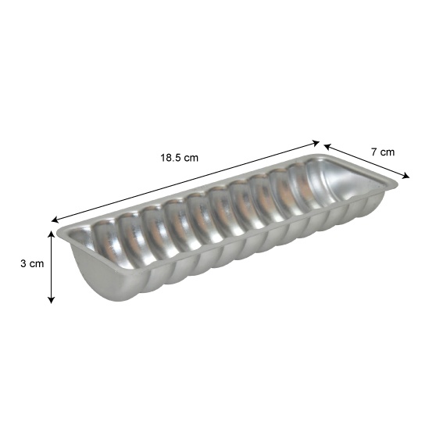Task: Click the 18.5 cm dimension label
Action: [180, 158]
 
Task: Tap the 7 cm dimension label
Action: [383, 152]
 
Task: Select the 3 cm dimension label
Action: [32, 263]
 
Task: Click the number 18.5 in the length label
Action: [170, 158]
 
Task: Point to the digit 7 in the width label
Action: [373, 152]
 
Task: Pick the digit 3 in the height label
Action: [23, 263]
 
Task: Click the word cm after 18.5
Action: [191, 158]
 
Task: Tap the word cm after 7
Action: [388, 152]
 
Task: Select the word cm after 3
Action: [37, 264]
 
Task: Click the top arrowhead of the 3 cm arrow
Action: [51, 234]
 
